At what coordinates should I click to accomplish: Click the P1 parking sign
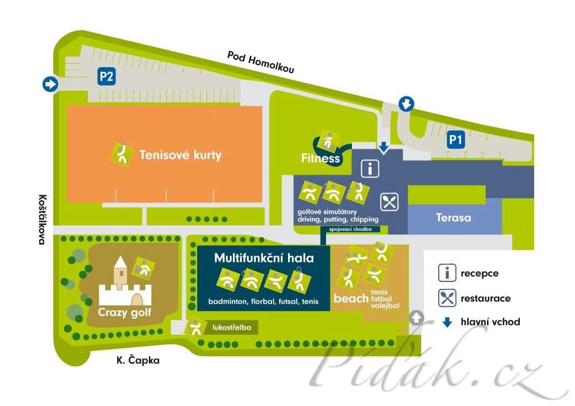(x=455, y=140)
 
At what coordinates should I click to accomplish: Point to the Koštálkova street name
(x=41, y=218)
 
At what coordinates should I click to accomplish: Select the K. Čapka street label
(x=137, y=360)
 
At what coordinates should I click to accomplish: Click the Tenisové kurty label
(x=180, y=155)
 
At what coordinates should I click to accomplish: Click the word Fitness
(x=321, y=158)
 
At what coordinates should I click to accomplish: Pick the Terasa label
(x=453, y=218)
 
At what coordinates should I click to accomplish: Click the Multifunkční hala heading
(x=264, y=258)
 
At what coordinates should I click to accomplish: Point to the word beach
(x=350, y=299)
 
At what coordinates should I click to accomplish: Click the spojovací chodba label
(x=350, y=229)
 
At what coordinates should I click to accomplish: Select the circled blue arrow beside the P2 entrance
(x=50, y=84)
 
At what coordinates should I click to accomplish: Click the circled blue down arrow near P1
(x=407, y=104)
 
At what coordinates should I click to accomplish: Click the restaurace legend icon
(x=447, y=298)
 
